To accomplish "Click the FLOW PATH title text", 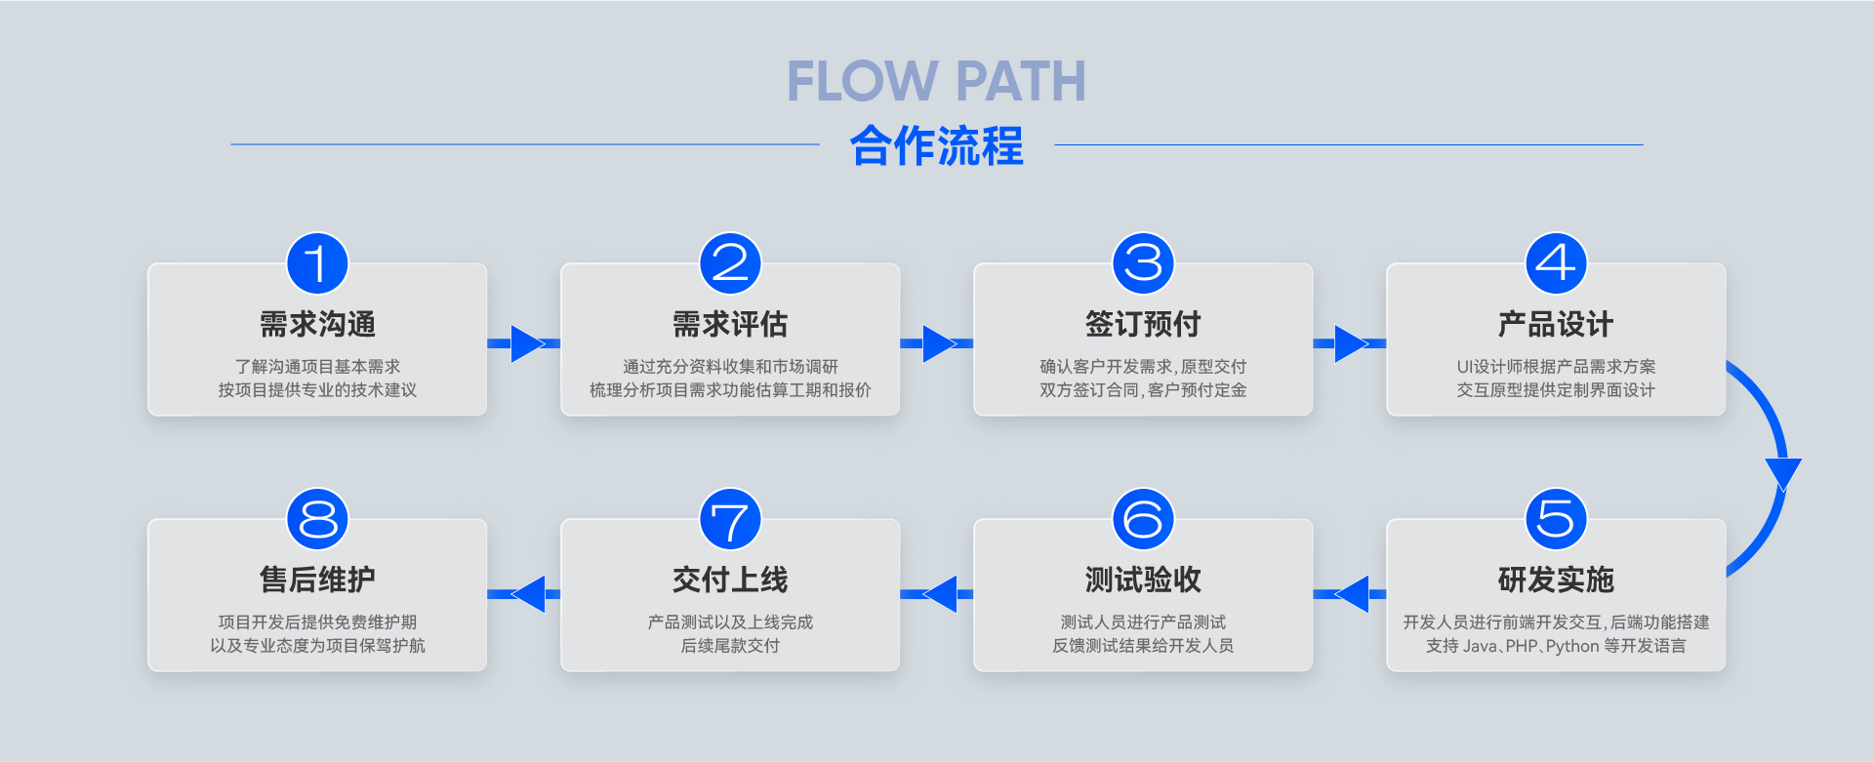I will (x=936, y=81).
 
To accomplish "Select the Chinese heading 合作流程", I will (x=936, y=146).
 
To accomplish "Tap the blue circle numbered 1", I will (x=317, y=263).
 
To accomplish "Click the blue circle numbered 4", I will (x=1556, y=263).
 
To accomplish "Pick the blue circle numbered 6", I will (x=1143, y=519).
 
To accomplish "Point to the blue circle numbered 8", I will (x=317, y=519).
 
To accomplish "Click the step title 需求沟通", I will (x=317, y=324).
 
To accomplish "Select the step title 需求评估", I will (x=730, y=324).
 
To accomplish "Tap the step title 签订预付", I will (x=1143, y=324).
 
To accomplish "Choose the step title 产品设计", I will (x=1556, y=324).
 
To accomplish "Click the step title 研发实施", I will (x=1556, y=580).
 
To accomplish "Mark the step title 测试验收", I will (x=1143, y=580).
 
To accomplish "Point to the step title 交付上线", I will (x=730, y=580).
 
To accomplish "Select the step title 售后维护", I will (x=317, y=580).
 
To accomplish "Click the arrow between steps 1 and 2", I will (x=525, y=343).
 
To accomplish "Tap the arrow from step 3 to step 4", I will (x=1350, y=343).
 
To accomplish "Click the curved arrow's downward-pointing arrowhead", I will (x=1782, y=473).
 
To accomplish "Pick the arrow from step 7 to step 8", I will (x=525, y=594).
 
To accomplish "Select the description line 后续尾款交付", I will (x=730, y=646).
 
